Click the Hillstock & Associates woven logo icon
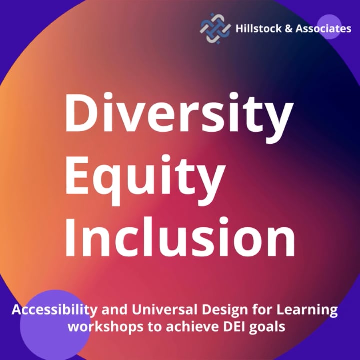click(215, 29)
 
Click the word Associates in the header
click(323, 29)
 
